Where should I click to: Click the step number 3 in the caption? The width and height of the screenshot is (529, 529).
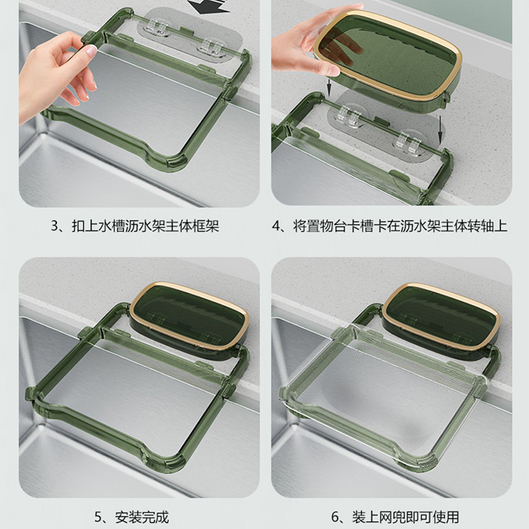[55, 225]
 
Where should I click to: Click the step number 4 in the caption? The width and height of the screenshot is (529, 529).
[276, 225]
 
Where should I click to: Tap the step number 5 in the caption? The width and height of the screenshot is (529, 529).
[98, 517]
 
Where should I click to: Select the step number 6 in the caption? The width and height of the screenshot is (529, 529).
[335, 517]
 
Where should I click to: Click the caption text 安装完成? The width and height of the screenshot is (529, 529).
[142, 517]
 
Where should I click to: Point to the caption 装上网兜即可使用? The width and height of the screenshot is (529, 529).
[405, 517]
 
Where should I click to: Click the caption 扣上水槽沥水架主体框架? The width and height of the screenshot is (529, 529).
[145, 225]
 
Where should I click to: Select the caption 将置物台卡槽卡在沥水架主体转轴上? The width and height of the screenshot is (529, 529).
[401, 225]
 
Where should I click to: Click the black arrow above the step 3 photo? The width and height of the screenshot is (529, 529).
[208, 7]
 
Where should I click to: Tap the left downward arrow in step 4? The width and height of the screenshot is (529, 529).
[329, 89]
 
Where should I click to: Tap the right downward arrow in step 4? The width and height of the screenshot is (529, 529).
[440, 129]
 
